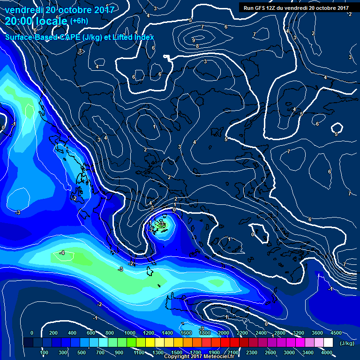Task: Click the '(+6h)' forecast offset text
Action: tap(79, 21)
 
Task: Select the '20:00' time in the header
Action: tap(19, 21)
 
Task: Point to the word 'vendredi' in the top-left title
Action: tap(23, 10)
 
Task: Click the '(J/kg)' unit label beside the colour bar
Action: tap(347, 344)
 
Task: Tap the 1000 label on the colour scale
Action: tap(129, 333)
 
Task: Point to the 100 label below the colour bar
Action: tap(45, 352)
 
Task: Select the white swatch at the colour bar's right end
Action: tap(328, 343)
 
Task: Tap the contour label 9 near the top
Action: tap(194, 40)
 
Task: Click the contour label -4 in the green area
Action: tap(62, 253)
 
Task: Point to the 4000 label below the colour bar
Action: tap(327, 352)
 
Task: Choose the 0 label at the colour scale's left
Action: tap(32, 333)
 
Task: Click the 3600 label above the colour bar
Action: tap(317, 333)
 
